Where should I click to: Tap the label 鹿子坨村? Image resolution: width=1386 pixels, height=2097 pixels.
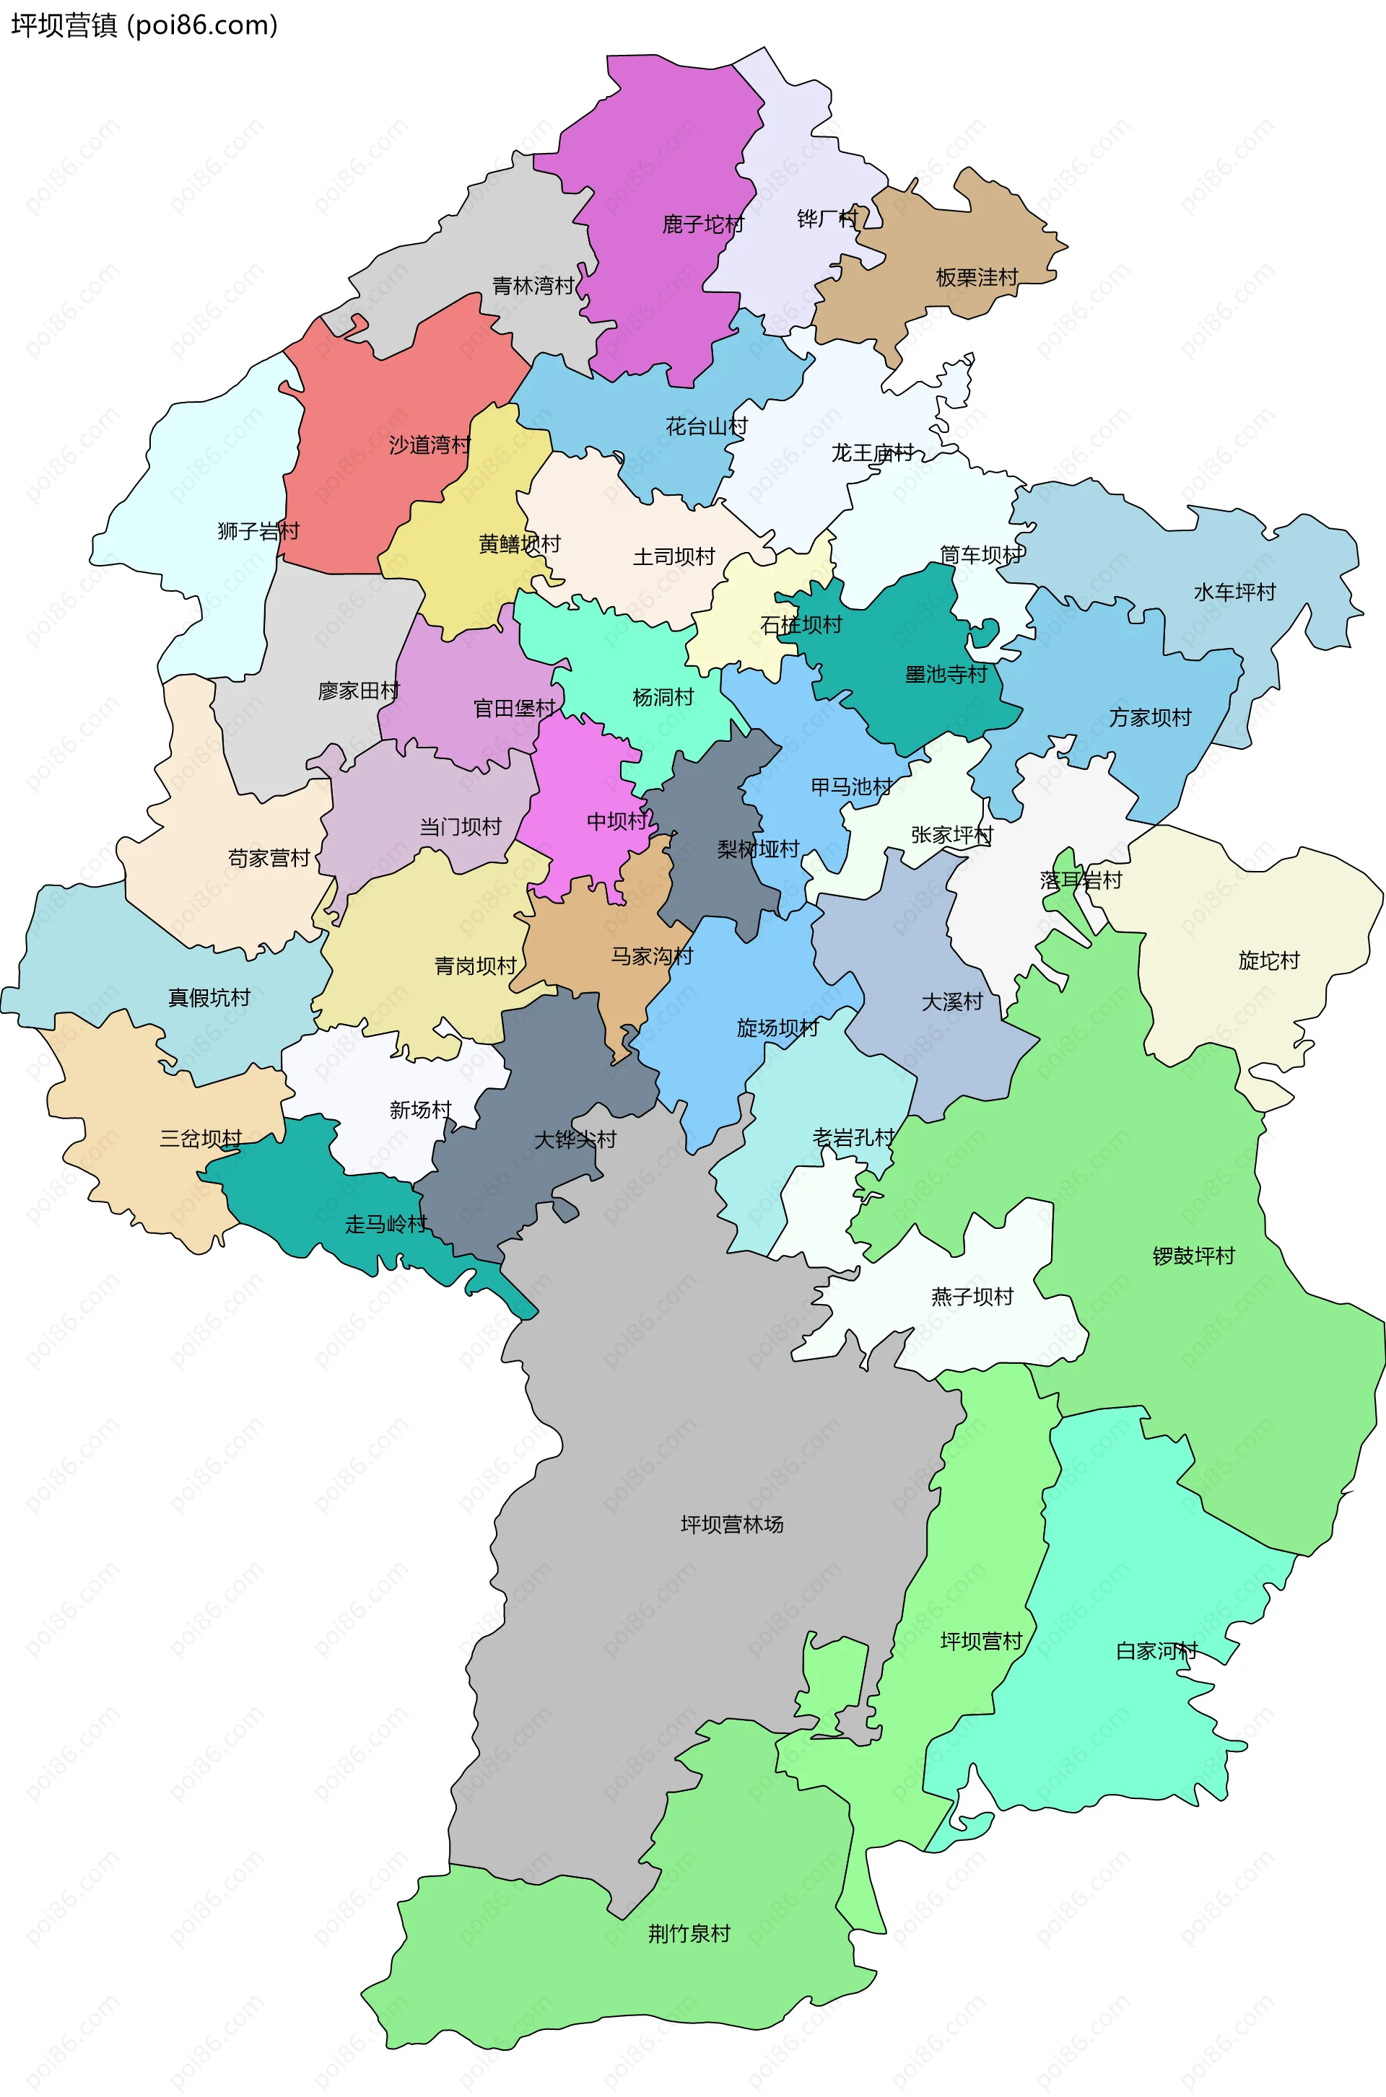pyautogui.click(x=702, y=224)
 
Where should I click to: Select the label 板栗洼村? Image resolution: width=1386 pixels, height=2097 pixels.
pyautogui.click(x=977, y=278)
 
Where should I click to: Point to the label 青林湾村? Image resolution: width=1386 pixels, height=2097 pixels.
pyautogui.click(x=533, y=286)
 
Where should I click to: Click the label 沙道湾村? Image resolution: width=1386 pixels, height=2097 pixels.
pyautogui.click(x=430, y=445)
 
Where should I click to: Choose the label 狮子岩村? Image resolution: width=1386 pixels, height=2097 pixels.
pyautogui.click(x=258, y=531)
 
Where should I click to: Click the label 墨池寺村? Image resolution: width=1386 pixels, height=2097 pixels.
pyautogui.click(x=946, y=674)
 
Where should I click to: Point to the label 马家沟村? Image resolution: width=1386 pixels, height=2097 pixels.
pyautogui.click(x=653, y=956)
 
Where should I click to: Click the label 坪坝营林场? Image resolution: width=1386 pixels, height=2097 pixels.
pyautogui.click(x=732, y=1524)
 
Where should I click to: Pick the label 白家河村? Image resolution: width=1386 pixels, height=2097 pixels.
pyautogui.click(x=1156, y=1652)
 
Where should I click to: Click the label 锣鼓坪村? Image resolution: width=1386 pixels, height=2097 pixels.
pyautogui.click(x=1193, y=1256)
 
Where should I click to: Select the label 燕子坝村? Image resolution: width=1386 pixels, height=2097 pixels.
pyautogui.click(x=972, y=1297)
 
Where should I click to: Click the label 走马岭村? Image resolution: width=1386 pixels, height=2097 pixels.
pyautogui.click(x=385, y=1225)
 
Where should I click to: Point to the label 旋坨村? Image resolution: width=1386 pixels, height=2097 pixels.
pyautogui.click(x=1268, y=960)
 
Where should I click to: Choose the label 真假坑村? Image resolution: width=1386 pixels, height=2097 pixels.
pyautogui.click(x=209, y=999)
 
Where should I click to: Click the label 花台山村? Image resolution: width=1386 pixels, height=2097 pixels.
pyautogui.click(x=706, y=426)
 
